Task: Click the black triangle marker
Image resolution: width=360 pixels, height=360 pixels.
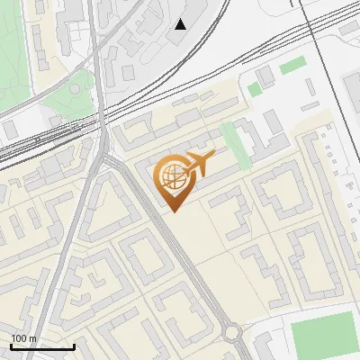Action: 182,24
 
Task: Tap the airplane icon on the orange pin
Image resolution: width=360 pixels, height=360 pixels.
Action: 199,163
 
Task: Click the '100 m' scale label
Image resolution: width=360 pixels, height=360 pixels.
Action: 23,338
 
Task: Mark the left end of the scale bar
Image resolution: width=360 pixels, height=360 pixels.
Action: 11,346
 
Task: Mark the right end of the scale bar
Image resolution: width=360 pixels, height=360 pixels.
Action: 74,346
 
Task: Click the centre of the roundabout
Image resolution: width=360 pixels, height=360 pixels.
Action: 237,333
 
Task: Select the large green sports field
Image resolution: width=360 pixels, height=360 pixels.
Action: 325,336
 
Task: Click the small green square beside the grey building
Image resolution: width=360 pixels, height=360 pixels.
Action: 255,88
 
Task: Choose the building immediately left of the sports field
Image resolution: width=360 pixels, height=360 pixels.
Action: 269,343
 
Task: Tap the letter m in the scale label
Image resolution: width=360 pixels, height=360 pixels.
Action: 32,338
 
